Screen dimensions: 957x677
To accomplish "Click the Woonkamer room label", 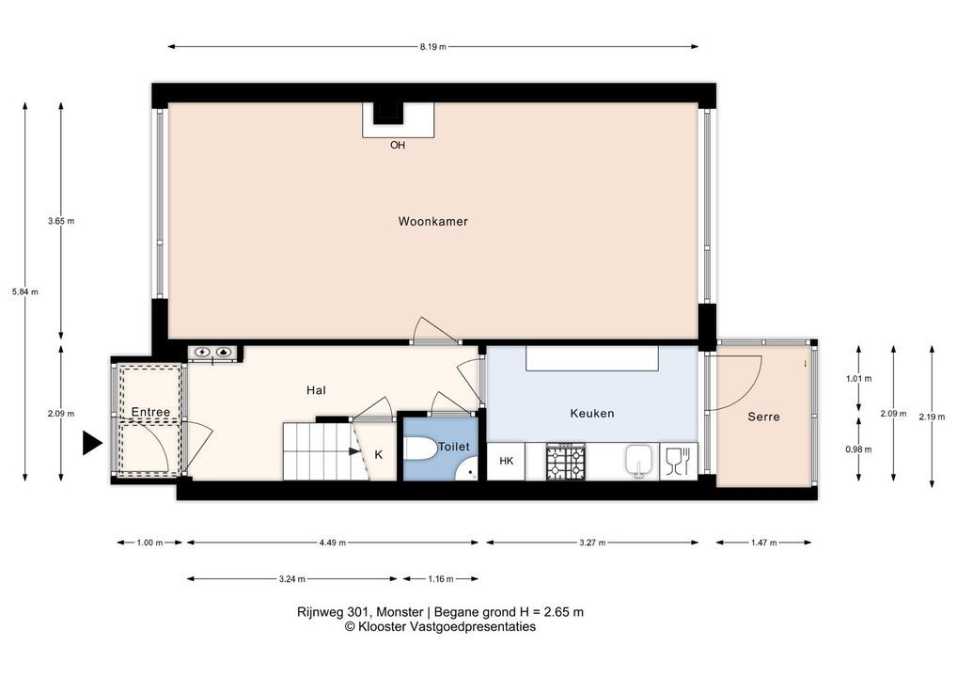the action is point(432,222).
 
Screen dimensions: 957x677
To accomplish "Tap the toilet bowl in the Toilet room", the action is point(420,449).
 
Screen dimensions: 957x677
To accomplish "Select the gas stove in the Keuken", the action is point(566,462).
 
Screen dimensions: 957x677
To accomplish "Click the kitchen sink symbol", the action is point(638,461).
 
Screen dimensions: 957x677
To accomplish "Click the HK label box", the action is point(506,462).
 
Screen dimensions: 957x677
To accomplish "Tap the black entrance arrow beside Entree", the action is point(92,443).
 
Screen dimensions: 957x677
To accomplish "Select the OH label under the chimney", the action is point(398,146).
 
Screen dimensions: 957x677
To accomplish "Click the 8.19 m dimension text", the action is point(432,46).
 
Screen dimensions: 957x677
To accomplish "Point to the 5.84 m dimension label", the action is point(25,291).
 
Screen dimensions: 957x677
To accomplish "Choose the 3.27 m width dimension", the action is point(592,543).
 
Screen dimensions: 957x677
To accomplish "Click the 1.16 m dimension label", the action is point(441,578).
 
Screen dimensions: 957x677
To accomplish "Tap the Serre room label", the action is point(763,417).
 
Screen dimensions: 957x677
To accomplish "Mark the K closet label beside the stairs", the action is point(379,455).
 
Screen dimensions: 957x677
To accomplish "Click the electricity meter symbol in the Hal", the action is point(202,353).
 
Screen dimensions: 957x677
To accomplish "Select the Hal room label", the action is point(316,390).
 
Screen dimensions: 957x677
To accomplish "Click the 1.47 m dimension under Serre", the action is point(764,543).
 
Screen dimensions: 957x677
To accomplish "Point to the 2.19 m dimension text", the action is point(932,417).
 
